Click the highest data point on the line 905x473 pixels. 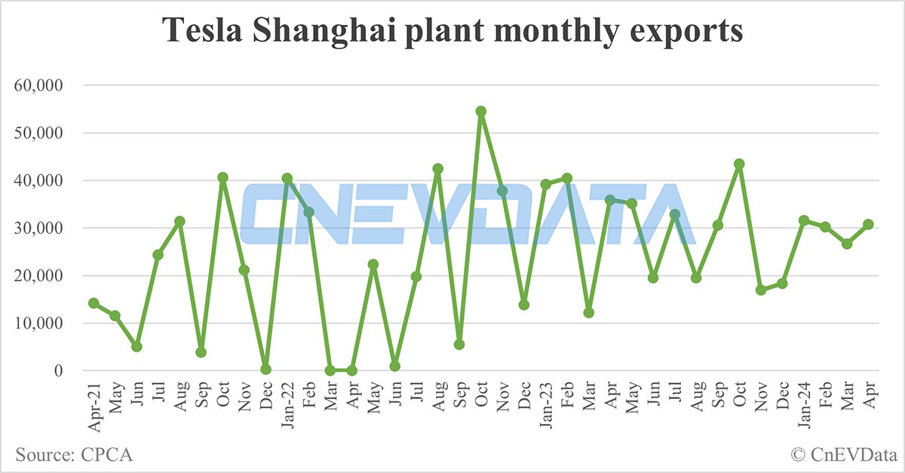pos(481,111)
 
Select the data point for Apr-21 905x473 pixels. pos(94,303)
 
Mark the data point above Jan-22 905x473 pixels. pos(287,178)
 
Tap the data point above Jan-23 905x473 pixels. pos(545,184)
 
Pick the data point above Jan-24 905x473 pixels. pos(804,220)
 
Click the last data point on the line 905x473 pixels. pos(868,224)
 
